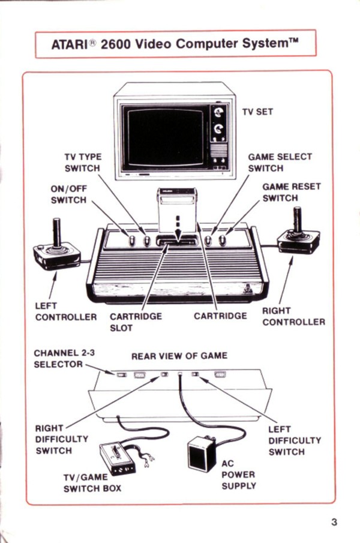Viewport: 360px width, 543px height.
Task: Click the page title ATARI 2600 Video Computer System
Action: [175, 44]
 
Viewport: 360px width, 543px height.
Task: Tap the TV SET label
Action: [258, 112]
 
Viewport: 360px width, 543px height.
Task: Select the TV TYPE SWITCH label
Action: [82, 163]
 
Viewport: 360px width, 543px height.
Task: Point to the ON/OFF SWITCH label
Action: [68, 194]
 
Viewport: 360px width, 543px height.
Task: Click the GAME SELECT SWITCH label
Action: [280, 163]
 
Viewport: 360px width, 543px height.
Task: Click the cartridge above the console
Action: [177, 211]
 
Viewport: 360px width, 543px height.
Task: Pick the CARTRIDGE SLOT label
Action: [135, 322]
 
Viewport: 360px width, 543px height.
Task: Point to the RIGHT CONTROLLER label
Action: [293, 316]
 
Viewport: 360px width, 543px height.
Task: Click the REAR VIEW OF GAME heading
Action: [179, 356]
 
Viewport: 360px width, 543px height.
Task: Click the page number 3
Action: [334, 521]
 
